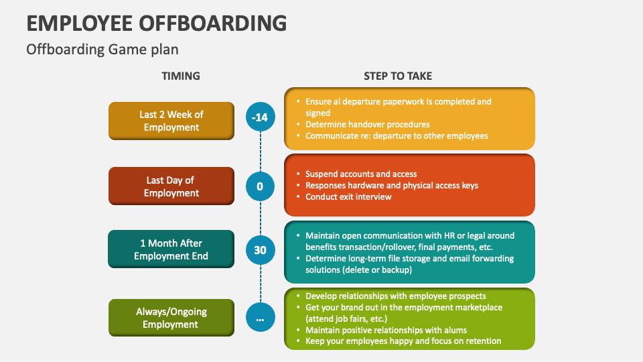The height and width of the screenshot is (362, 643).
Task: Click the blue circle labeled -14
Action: click(x=260, y=117)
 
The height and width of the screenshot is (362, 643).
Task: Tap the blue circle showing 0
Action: click(x=260, y=187)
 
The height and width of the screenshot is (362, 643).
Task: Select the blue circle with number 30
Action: click(x=260, y=250)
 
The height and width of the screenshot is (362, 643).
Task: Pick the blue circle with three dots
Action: click(x=260, y=317)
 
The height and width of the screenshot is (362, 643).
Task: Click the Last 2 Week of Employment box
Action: click(x=171, y=121)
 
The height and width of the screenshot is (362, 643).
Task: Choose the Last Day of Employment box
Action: click(x=171, y=186)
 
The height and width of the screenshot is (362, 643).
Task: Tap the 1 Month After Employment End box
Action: click(x=171, y=249)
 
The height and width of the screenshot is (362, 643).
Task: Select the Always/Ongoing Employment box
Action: click(x=171, y=318)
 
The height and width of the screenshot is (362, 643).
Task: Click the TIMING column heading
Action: click(x=181, y=76)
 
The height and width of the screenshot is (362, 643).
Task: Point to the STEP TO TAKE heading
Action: click(x=398, y=76)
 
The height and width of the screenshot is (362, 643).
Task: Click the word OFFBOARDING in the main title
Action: click(x=213, y=23)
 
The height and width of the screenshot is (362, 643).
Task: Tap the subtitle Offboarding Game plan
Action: click(x=102, y=50)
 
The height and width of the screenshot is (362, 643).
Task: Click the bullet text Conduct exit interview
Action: click(x=348, y=197)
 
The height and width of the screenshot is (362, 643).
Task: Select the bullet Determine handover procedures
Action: click(x=368, y=125)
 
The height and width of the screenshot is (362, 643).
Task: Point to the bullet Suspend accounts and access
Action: click(x=361, y=174)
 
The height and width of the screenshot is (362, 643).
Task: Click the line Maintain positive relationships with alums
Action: click(x=386, y=330)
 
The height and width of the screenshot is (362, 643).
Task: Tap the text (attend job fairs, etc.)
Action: click(x=346, y=319)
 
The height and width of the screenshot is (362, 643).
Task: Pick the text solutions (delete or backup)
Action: click(x=359, y=270)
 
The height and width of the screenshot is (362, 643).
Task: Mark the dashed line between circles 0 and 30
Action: click(x=261, y=219)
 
